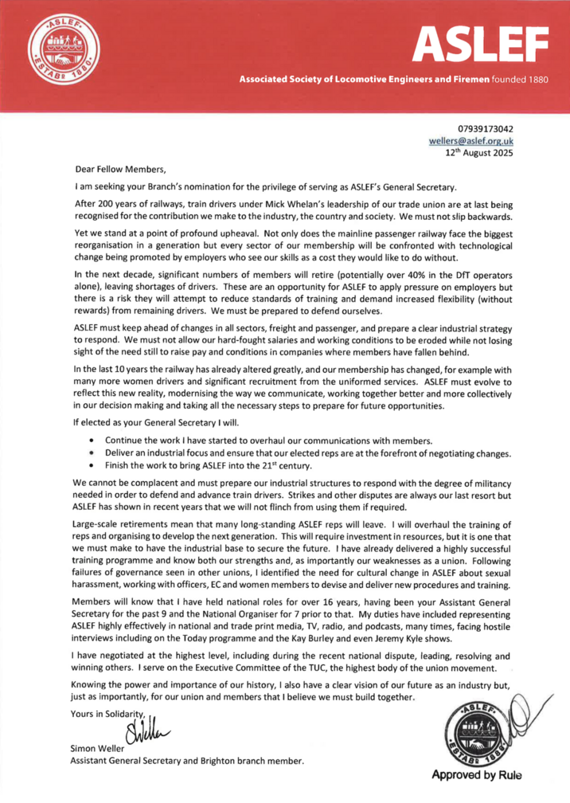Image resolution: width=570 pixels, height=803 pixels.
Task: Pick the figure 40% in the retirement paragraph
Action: [x=424, y=273]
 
